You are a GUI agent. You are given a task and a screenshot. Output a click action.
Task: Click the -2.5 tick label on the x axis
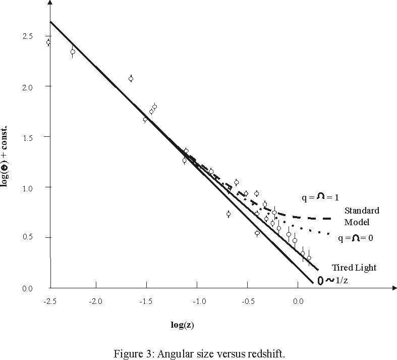click(49, 301)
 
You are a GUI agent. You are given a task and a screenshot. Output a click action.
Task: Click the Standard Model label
click(361, 216)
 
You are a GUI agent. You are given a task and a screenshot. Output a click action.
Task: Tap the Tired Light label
click(353, 267)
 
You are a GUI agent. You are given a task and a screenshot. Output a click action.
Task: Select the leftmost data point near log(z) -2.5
click(48, 42)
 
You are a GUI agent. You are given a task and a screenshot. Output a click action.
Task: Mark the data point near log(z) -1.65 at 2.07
click(131, 79)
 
